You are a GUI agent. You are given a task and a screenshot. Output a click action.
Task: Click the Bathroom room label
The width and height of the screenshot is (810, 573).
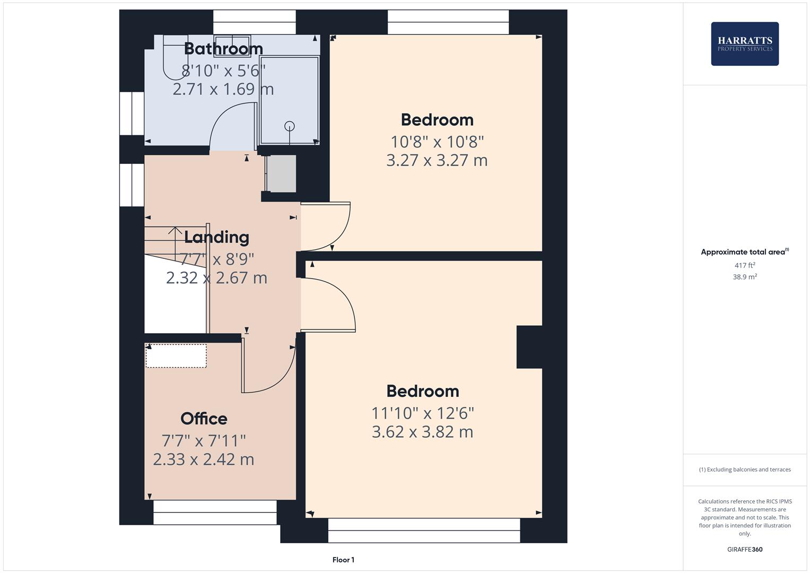(223, 49)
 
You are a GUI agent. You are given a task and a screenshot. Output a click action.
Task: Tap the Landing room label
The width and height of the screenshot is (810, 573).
(216, 237)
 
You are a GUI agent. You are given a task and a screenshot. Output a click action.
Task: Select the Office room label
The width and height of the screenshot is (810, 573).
(204, 419)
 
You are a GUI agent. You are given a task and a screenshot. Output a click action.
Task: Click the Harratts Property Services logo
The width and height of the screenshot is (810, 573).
(745, 44)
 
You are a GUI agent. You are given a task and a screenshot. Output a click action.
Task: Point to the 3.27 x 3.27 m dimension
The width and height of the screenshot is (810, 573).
(437, 160)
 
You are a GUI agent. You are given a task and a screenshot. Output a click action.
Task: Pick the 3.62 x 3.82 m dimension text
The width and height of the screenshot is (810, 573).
(422, 432)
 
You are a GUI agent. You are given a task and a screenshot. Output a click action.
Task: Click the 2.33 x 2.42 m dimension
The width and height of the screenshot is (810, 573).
(203, 459)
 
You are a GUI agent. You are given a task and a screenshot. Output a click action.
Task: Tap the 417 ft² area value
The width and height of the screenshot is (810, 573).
(745, 265)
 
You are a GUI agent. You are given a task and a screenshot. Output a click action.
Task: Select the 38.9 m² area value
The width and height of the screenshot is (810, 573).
(745, 277)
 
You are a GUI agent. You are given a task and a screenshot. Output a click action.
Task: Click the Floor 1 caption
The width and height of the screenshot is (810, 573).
(343, 560)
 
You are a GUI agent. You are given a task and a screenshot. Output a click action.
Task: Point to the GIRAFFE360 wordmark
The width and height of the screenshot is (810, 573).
(745, 550)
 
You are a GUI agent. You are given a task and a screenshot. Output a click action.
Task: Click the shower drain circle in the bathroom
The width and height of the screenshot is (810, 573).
(289, 126)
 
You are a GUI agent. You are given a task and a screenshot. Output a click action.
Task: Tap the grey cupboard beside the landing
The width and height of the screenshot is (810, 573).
(281, 173)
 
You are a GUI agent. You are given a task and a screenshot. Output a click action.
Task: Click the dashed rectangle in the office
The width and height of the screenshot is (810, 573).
(176, 356)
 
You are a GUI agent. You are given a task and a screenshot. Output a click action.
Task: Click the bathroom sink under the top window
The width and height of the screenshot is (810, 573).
(232, 46)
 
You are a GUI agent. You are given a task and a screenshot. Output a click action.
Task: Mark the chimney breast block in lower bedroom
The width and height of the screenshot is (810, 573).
(529, 347)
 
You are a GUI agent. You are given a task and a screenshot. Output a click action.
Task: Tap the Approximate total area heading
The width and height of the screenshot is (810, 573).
(745, 252)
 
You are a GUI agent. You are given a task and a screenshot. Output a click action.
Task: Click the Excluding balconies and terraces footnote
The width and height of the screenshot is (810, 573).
(745, 470)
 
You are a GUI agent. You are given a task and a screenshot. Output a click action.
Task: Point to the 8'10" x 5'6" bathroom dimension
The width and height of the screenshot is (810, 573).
(223, 71)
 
